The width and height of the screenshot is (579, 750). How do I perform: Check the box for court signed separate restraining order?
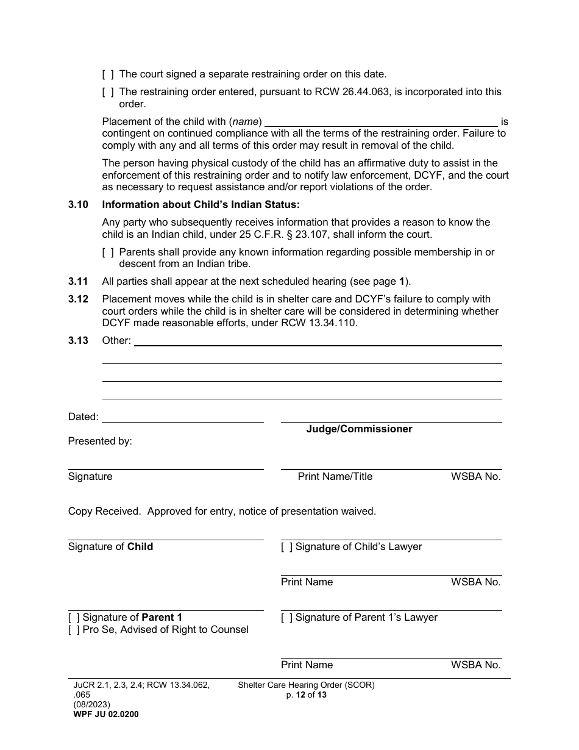point(108,74)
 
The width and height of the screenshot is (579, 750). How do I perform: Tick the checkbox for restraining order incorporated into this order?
point(108,92)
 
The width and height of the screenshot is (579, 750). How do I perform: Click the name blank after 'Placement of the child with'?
point(381,121)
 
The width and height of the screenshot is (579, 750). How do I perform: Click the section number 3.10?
point(78,204)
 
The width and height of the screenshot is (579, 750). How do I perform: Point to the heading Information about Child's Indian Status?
point(201,204)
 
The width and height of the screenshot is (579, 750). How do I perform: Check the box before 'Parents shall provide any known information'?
point(108,252)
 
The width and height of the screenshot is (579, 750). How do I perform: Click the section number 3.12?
point(78,299)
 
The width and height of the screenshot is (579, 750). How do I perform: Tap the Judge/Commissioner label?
point(359,429)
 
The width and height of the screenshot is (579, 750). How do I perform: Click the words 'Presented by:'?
point(100,441)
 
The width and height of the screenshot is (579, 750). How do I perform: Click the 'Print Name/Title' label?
point(335,477)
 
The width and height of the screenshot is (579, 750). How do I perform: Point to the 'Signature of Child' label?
point(110,547)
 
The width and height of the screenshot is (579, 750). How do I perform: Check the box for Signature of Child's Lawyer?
point(286,547)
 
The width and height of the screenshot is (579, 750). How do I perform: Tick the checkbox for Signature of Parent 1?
point(74,618)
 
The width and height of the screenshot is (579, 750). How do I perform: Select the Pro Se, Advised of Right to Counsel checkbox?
point(74,630)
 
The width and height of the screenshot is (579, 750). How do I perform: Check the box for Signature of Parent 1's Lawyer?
point(286,618)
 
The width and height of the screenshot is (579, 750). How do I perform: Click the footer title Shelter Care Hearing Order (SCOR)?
point(306,685)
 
